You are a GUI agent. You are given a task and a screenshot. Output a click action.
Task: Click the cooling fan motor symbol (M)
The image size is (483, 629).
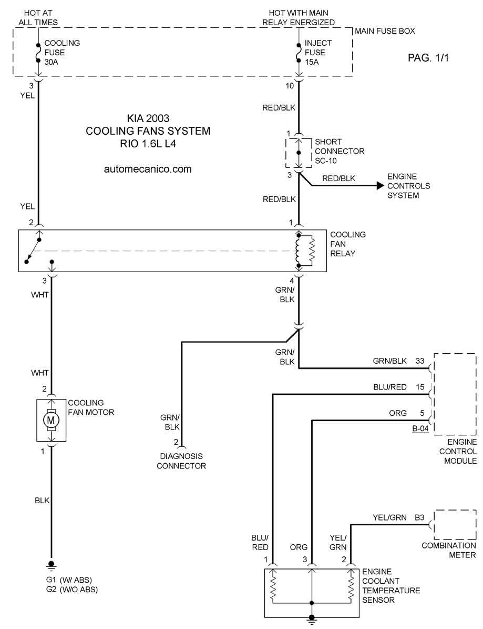click(x=51, y=420)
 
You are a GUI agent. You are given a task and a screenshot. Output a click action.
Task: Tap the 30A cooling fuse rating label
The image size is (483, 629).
click(x=52, y=62)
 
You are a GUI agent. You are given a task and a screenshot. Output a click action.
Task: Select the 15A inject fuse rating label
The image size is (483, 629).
click(x=312, y=62)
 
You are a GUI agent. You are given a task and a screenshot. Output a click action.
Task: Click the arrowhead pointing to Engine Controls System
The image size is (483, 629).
click(x=380, y=185)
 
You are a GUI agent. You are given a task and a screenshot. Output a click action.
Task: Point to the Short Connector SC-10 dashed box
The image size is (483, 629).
click(x=286, y=153)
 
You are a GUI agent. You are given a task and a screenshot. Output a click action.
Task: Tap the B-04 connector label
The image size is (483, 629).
click(x=420, y=428)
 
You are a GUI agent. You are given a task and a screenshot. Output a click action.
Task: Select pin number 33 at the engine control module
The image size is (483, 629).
click(x=420, y=361)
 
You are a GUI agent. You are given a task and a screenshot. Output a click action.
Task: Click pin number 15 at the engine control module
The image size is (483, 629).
click(x=420, y=387)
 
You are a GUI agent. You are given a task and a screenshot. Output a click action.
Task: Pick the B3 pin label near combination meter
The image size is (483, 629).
click(x=419, y=517)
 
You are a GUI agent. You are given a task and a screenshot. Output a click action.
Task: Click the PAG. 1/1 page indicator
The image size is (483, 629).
click(x=428, y=58)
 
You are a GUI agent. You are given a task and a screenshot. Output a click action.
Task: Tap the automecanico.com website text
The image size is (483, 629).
click(x=148, y=169)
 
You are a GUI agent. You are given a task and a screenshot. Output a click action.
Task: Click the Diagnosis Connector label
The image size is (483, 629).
click(x=181, y=461)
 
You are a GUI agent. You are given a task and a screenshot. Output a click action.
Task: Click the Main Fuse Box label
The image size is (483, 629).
click(x=385, y=31)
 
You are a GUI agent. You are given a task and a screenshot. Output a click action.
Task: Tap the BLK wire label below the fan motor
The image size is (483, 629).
click(x=42, y=500)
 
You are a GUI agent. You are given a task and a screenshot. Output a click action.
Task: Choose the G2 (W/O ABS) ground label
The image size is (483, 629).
click(x=71, y=590)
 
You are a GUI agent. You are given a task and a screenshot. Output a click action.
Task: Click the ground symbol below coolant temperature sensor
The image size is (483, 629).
click(x=312, y=620)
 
